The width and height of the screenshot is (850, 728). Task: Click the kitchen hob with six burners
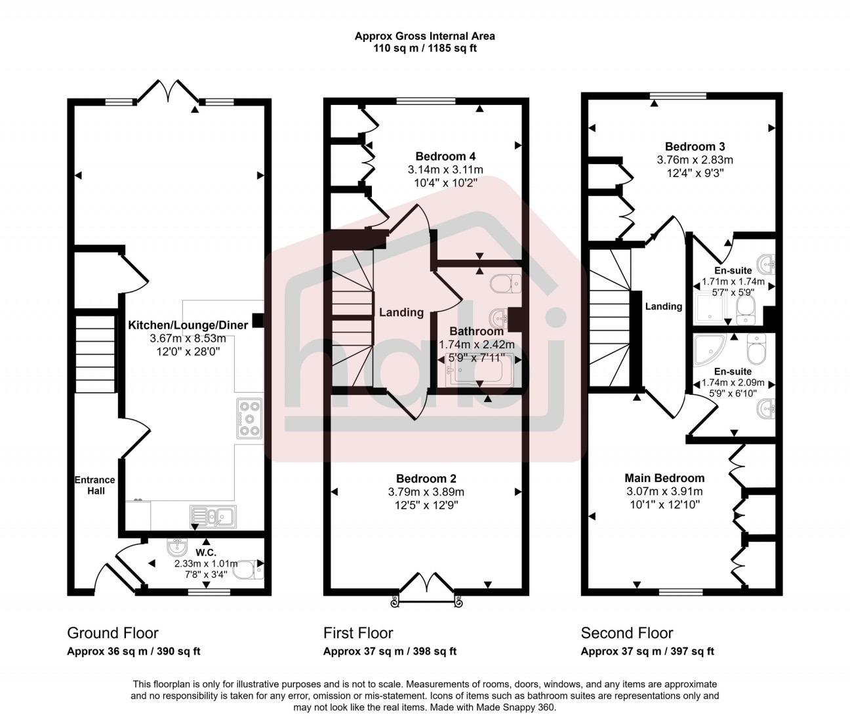(x=249, y=418)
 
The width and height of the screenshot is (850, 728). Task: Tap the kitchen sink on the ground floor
(x=213, y=517)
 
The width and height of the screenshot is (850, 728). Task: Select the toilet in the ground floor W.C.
(x=249, y=569)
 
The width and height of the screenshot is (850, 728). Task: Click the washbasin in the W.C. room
(x=178, y=548)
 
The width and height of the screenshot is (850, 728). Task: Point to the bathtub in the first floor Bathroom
(x=477, y=369)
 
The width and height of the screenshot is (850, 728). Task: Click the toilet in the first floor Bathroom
(x=506, y=283)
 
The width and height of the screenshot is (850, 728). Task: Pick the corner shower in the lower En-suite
(x=710, y=350)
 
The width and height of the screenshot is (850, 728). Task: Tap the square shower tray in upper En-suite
(x=710, y=306)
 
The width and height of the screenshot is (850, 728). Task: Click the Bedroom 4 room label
(x=445, y=156)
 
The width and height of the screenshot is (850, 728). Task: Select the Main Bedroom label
(x=664, y=478)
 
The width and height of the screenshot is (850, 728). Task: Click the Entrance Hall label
(x=96, y=485)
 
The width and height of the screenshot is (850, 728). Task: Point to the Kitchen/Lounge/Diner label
(x=188, y=325)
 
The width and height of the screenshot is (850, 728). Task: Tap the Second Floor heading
(x=627, y=633)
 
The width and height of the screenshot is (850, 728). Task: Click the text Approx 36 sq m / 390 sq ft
(x=134, y=651)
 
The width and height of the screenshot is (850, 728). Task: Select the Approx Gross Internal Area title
(x=425, y=36)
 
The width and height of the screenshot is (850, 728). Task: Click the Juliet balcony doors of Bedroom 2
(x=426, y=590)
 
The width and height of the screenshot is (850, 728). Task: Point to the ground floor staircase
(x=95, y=354)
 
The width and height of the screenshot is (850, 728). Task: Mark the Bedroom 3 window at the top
(x=678, y=96)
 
